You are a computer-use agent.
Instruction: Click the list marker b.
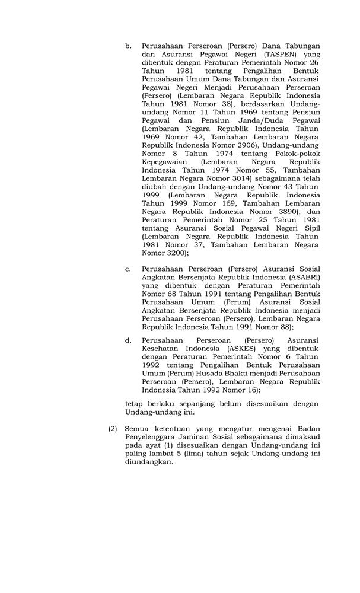[128, 46]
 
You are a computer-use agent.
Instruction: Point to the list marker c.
[128, 269]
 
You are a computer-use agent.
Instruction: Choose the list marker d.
[128, 340]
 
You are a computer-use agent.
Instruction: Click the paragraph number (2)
[113, 428]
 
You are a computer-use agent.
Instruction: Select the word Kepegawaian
[164, 162]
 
